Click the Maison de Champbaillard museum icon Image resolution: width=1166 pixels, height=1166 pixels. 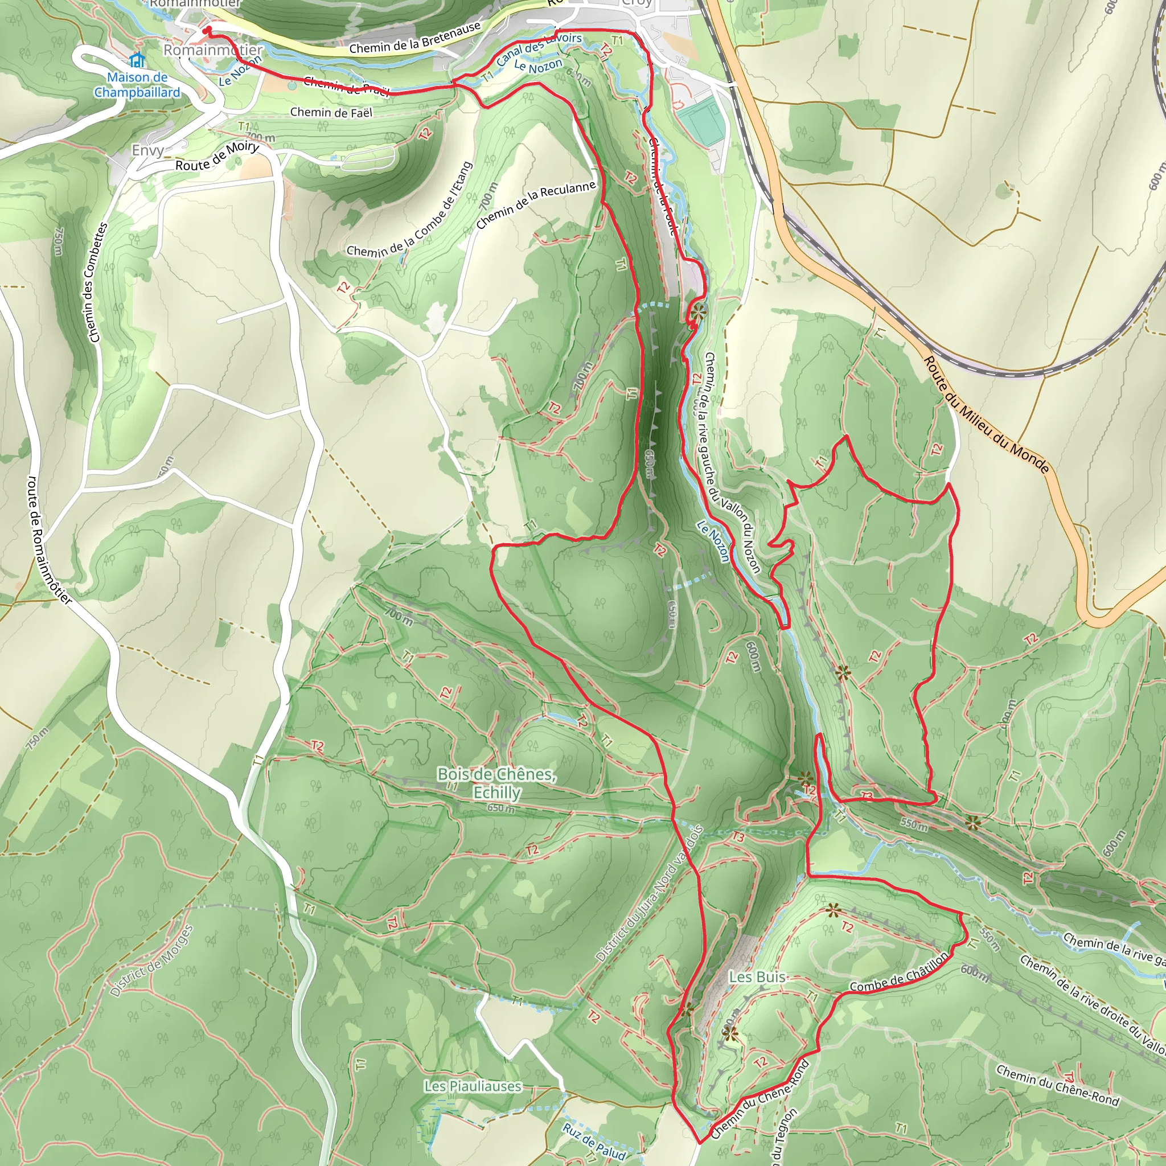(138, 61)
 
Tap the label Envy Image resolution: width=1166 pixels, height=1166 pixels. (148, 150)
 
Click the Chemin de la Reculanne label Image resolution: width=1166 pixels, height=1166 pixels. (536, 204)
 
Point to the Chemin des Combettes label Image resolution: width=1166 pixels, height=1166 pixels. (96, 282)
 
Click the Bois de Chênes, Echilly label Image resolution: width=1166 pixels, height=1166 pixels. (496, 783)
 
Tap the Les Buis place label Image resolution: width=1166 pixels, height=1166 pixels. (757, 976)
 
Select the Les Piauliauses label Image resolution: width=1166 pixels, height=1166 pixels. (473, 1086)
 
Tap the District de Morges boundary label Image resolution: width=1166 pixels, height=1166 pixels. (152, 962)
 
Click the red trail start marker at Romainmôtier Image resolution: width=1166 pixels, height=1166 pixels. (207, 31)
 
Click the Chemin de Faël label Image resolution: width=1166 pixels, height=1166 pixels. (331, 112)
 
